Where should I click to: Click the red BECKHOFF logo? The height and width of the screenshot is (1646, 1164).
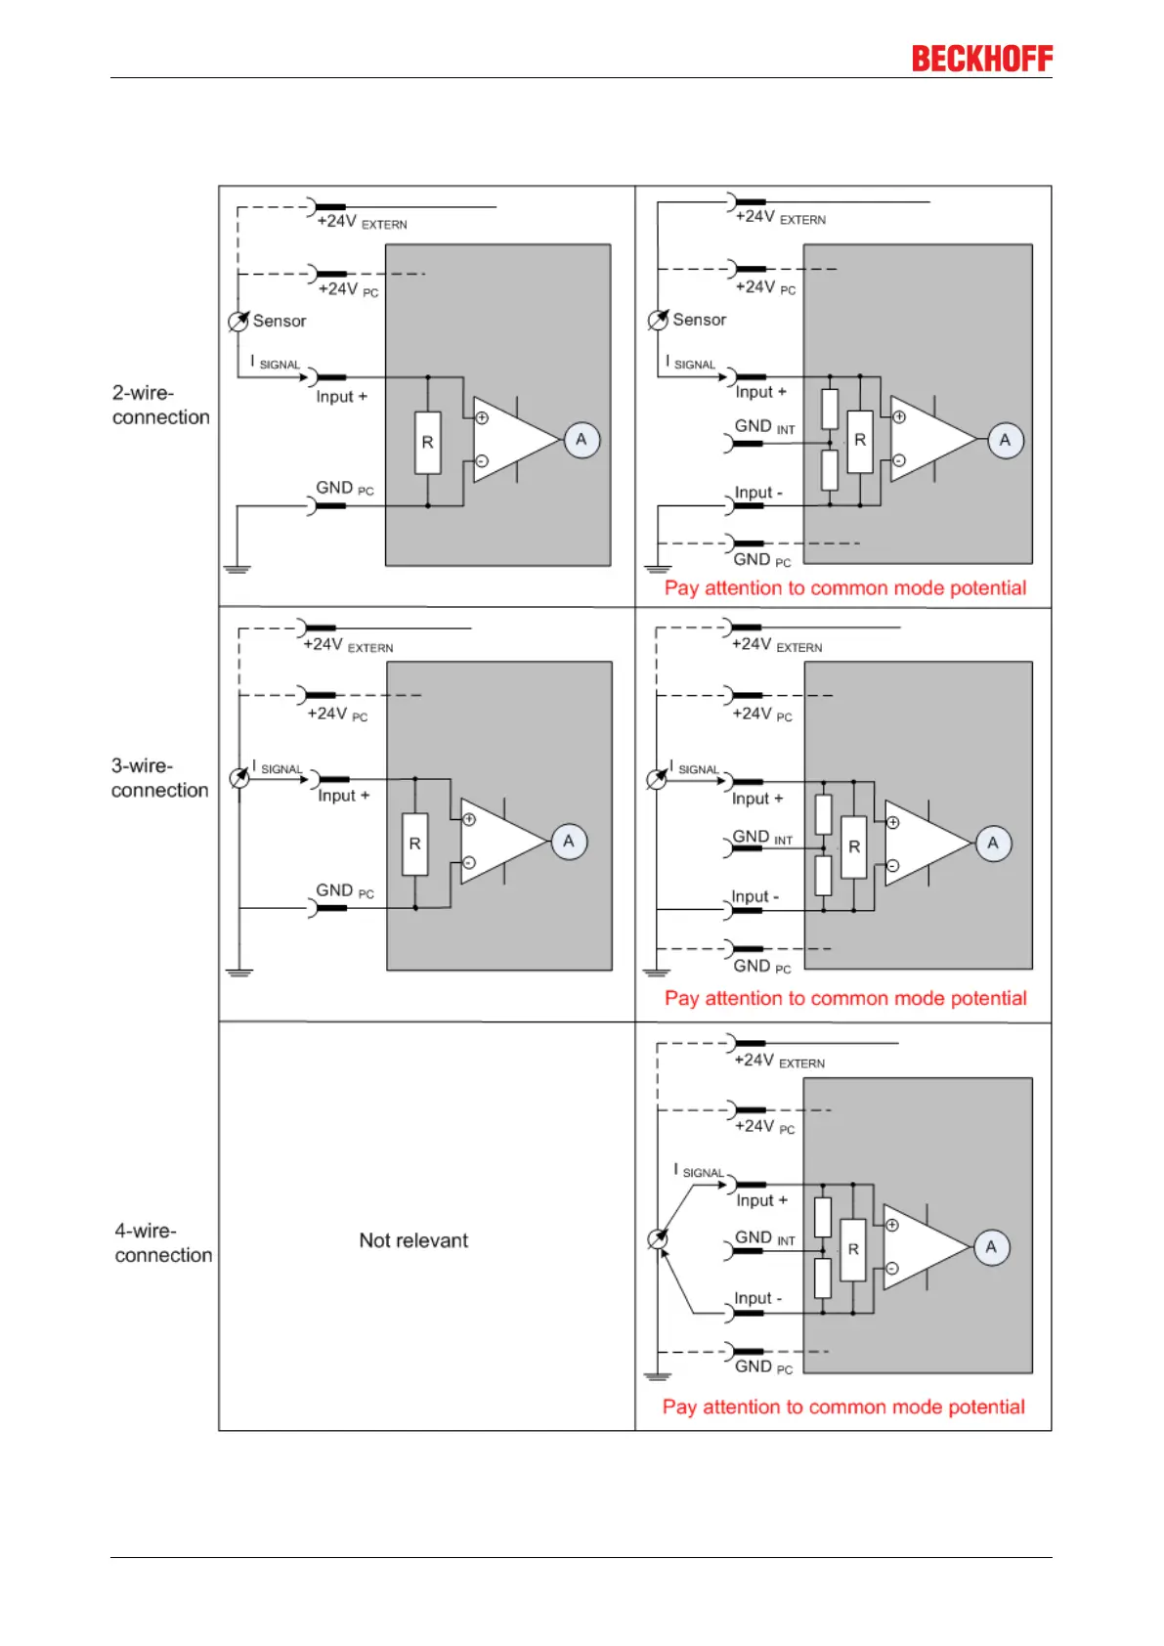pos(981,59)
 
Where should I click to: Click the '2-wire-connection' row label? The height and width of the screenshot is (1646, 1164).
pos(160,405)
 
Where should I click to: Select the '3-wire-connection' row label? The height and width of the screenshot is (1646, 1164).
pos(159,778)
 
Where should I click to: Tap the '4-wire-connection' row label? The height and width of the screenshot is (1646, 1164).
pos(162,1242)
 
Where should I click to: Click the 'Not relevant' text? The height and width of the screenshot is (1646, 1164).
pos(413,1240)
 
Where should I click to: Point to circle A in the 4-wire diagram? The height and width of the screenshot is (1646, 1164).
pos(991,1247)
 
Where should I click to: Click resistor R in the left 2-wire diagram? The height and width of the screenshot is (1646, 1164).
pos(427,443)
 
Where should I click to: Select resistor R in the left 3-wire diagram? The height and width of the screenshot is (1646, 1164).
pos(414,843)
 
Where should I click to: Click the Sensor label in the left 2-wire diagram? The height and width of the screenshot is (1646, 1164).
pos(279,321)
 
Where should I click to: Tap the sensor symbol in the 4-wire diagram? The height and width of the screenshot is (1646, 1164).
pos(659,1239)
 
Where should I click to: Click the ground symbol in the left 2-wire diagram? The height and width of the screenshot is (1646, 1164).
pos(237,568)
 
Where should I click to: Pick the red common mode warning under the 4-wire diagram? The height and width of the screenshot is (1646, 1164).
pos(843,1407)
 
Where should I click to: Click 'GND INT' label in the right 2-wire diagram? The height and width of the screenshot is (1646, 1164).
pos(764,427)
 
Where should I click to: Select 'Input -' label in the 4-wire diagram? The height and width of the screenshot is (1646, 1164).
pos(757,1298)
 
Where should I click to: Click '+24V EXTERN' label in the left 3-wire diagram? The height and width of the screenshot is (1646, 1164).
pos(348,645)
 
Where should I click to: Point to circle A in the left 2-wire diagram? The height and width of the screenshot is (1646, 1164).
pos(582,440)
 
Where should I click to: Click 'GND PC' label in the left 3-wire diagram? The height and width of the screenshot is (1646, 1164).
pos(344,890)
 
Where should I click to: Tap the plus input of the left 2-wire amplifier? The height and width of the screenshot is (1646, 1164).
pos(482,418)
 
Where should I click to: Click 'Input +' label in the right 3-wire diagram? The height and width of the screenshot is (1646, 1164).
pos(757,799)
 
